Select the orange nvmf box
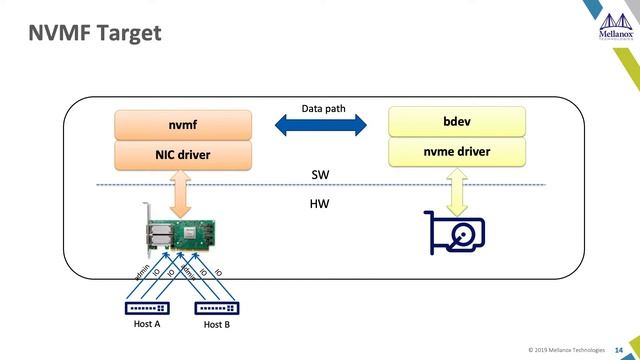point(181,125)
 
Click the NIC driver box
point(181,155)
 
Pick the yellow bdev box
point(456,121)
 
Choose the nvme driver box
point(456,152)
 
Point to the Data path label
point(321,108)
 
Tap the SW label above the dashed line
point(320,174)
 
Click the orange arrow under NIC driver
point(181,193)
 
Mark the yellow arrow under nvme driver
point(456,190)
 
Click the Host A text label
point(147,324)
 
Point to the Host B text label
point(218,325)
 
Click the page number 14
point(618,348)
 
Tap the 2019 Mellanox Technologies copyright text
point(566,348)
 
